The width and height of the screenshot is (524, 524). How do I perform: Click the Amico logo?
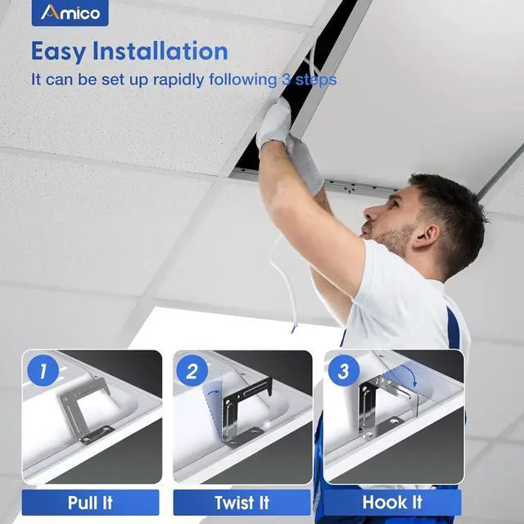click(70, 13)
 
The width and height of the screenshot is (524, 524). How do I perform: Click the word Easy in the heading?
click(60, 51)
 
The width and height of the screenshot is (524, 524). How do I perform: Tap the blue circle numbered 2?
click(192, 372)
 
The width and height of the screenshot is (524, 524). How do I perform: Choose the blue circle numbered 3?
click(343, 372)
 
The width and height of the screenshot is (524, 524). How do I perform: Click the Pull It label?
click(90, 502)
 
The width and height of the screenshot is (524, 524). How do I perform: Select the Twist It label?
click(242, 502)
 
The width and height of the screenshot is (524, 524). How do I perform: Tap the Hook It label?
click(393, 502)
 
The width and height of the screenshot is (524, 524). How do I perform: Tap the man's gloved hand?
click(275, 127)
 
